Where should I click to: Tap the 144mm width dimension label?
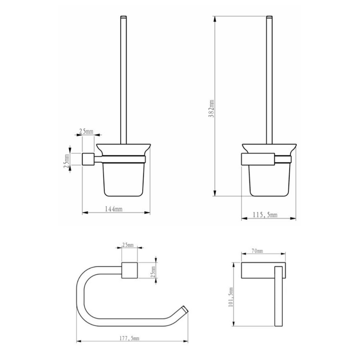point(113,209)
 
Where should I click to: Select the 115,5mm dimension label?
point(265,215)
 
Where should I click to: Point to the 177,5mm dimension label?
point(129,338)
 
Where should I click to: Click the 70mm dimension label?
point(257,251)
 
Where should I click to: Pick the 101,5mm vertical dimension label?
point(231,297)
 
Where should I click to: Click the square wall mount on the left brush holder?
point(88,159)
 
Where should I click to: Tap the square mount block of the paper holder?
point(130,270)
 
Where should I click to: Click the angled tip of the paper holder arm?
point(185,309)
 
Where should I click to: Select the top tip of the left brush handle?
point(123,17)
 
